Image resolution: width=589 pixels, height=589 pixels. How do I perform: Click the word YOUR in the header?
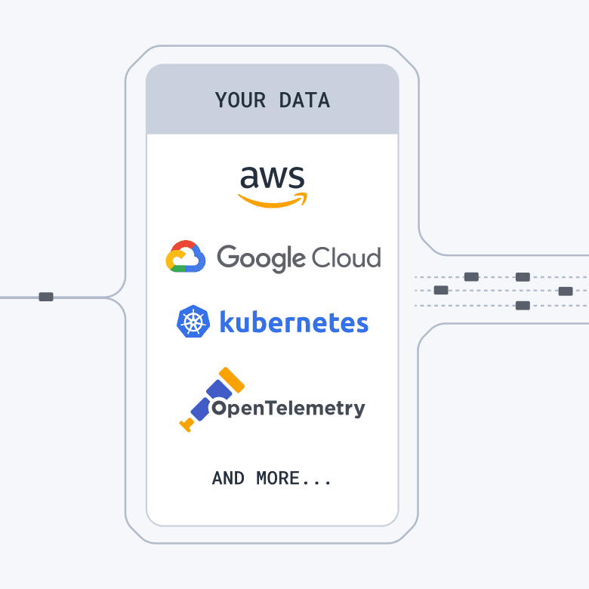pos(240,100)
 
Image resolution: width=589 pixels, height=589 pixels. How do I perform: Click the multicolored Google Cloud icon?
pos(186,257)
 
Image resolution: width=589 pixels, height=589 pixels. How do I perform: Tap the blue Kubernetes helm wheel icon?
pos(193,322)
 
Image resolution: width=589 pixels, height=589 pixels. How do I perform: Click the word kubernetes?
pos(294,322)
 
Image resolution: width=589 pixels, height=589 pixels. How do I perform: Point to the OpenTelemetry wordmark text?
pos(288,409)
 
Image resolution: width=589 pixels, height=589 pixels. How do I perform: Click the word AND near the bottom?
pos(228,479)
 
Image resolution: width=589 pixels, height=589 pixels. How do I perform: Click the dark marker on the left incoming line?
pos(46,297)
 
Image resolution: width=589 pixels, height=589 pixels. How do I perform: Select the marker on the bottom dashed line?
pos(522,306)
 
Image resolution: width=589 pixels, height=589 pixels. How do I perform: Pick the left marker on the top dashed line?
pos(471,277)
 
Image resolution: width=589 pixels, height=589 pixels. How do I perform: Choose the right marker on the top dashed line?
pos(522,277)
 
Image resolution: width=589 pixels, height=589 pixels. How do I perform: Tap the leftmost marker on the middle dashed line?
pos(441,290)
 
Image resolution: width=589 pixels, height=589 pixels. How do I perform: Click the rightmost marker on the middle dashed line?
pos(565,291)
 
